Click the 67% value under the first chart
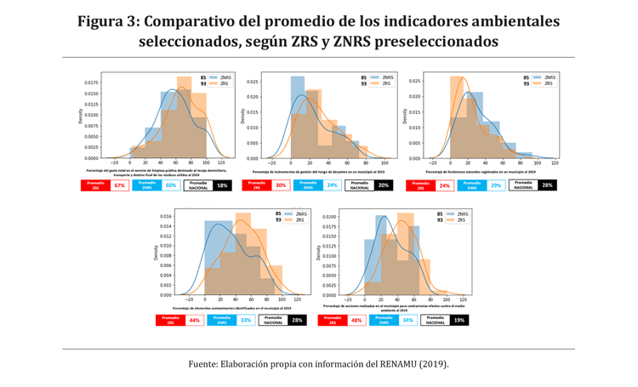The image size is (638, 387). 119,185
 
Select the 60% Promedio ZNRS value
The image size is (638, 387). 170,185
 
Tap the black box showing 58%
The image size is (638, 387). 222,185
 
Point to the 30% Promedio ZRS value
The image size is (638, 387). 281,185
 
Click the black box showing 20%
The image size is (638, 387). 384,185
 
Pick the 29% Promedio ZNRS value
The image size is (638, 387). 496,185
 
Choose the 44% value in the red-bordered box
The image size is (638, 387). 195,321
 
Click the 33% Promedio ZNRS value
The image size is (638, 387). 246,321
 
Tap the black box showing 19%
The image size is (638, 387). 459,321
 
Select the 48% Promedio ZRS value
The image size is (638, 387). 356,321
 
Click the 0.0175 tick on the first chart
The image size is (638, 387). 89,83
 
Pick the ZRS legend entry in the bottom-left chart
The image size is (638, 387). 293,220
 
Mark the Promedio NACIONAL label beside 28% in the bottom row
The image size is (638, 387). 273,321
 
